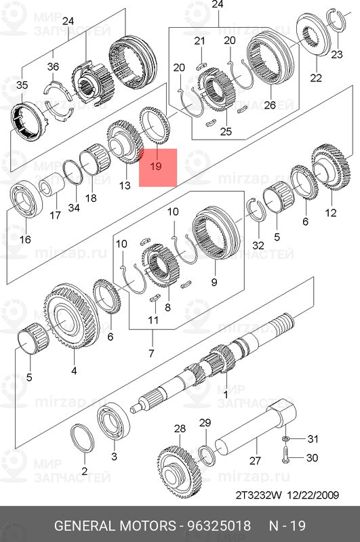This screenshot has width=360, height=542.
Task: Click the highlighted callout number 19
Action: click(x=157, y=166)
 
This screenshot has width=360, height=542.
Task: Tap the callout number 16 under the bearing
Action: click(x=24, y=239)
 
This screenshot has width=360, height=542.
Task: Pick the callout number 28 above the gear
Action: click(x=179, y=429)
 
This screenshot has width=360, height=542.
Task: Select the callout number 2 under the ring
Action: click(x=85, y=470)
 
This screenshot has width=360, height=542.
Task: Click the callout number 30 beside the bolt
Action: click(x=312, y=458)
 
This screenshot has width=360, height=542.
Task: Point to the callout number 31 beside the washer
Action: click(x=312, y=439)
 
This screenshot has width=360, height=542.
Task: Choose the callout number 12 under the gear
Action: click(x=330, y=213)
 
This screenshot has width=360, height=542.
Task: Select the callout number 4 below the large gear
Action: click(x=73, y=371)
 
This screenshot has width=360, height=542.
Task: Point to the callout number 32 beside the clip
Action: click(x=258, y=245)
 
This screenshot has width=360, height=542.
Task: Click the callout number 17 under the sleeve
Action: click(x=56, y=216)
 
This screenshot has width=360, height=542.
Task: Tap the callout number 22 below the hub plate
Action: click(x=315, y=78)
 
